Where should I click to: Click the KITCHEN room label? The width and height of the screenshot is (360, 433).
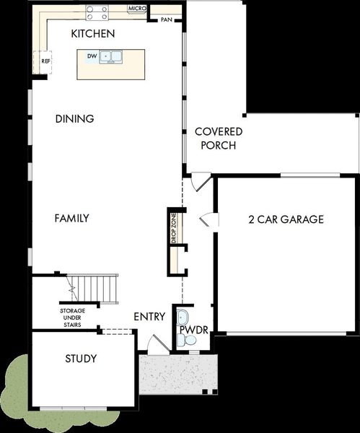[x=93, y=34]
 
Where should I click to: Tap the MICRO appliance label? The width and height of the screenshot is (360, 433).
[x=137, y=9]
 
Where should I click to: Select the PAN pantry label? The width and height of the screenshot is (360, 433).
[x=167, y=19]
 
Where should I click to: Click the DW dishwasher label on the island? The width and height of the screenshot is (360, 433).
[x=92, y=55]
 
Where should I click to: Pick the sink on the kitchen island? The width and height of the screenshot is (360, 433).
[x=111, y=55]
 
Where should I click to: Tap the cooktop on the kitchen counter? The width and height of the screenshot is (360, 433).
[x=97, y=12]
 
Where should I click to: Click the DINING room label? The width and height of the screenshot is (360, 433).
[x=74, y=119]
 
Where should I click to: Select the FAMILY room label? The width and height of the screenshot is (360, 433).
[x=72, y=218]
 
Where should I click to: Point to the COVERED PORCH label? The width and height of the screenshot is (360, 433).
[x=219, y=139]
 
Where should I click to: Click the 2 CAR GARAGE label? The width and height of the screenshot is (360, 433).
[x=286, y=219]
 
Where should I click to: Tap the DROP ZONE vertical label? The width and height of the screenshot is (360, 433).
[x=173, y=227]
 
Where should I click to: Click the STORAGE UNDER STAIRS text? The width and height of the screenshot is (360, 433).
[x=70, y=318]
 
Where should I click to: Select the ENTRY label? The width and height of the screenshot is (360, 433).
[x=149, y=316]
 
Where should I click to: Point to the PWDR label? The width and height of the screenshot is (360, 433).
[x=193, y=330]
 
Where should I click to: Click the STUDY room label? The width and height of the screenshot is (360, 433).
[x=81, y=359]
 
